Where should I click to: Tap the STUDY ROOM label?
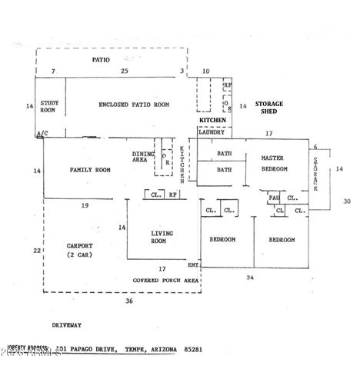50,106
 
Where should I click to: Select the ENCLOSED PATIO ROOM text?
134,105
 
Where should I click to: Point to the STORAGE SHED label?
269,108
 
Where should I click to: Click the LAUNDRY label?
212,132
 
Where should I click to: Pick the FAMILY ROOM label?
91,170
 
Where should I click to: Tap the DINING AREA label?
142,157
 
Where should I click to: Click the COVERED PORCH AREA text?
165,281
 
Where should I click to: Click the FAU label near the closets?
273,197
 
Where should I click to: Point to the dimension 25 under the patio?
124,71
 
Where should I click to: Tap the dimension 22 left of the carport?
35,251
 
